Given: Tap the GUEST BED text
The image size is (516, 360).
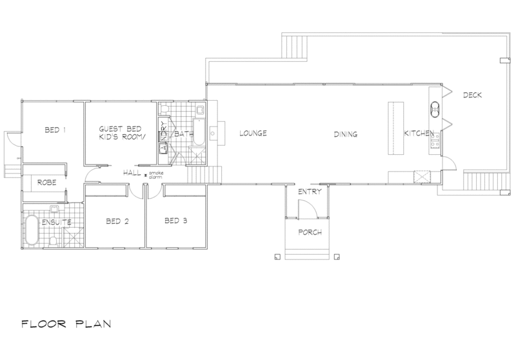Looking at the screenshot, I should (115, 130).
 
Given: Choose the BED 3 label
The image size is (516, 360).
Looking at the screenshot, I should (175, 221).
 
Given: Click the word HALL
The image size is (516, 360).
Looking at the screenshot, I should (132, 174).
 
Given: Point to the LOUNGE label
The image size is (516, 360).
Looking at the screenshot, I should (253, 134).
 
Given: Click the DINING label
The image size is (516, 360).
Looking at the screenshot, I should (345, 134).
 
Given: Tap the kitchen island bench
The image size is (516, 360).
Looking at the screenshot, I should (394, 129).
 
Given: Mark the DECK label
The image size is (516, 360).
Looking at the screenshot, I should (473, 95).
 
